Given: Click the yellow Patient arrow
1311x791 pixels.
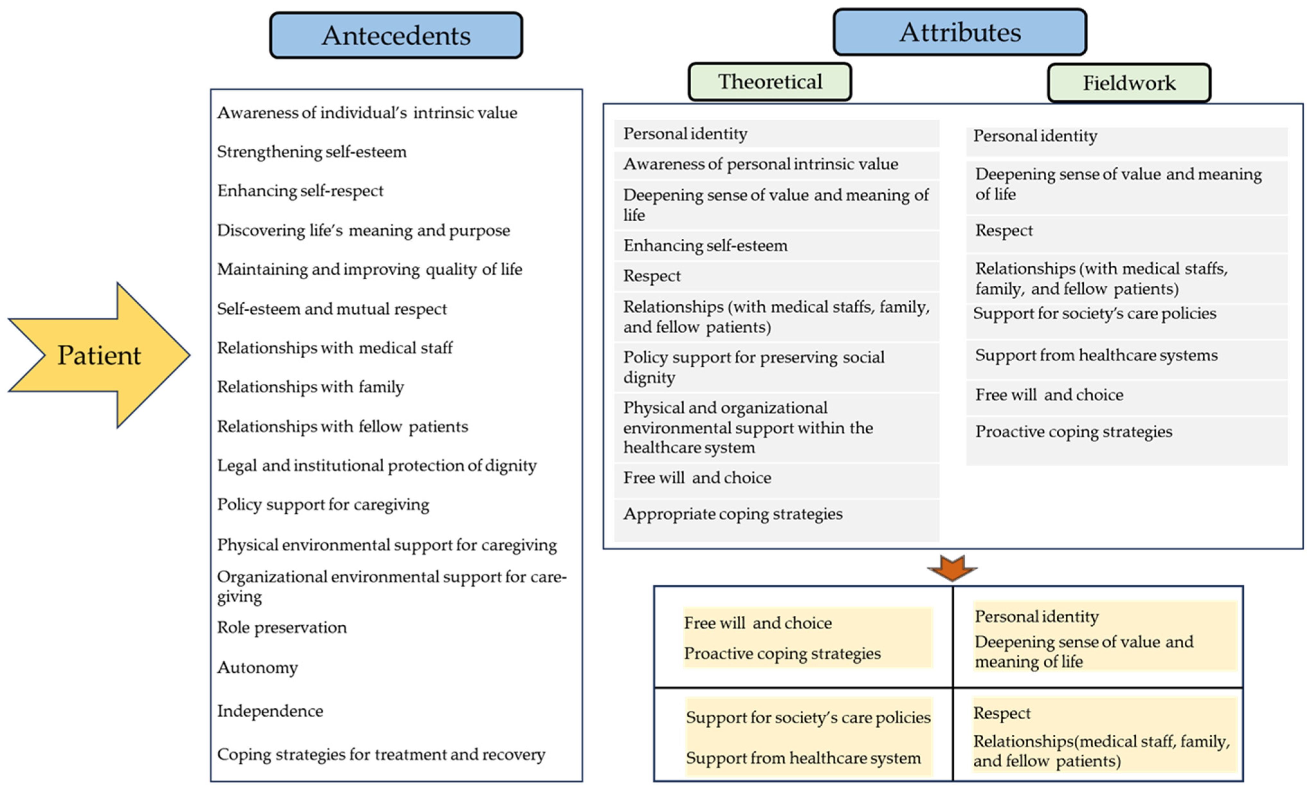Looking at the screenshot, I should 99,355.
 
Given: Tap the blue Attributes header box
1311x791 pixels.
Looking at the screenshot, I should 960,32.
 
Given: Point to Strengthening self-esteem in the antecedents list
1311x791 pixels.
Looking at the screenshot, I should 312,152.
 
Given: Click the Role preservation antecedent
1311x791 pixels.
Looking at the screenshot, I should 282,628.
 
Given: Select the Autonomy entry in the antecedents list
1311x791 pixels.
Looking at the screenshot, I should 258,667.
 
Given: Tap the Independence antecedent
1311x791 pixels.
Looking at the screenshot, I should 270,711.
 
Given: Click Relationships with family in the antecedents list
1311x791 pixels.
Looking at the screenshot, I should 311,387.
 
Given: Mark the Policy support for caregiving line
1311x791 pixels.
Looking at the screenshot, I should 323,505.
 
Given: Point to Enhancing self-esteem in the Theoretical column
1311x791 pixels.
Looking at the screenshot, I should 706,245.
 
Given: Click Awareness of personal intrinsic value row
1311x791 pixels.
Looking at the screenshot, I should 761,164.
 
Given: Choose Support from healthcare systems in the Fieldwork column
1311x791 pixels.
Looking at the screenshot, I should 1097,355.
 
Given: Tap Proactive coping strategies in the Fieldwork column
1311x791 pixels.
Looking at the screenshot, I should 1074,432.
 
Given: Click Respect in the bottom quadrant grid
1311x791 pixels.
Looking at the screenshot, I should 1002,713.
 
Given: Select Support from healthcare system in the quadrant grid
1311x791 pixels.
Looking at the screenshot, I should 803,758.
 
